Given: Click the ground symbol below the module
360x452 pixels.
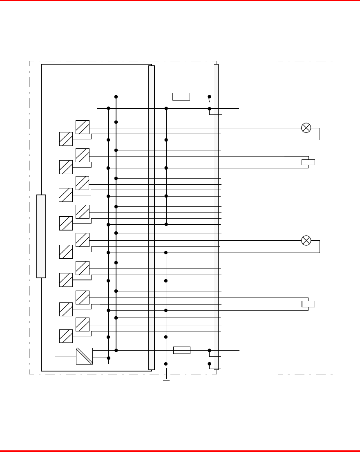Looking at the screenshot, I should (166, 380).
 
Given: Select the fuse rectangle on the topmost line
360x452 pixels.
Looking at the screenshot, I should (181, 96).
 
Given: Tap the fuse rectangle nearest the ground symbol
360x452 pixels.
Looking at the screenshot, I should (182, 350).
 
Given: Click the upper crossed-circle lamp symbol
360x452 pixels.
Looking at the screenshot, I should (306, 128).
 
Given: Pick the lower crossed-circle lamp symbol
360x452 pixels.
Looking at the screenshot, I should (306, 240).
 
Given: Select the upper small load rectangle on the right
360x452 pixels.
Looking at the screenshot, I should (308, 162).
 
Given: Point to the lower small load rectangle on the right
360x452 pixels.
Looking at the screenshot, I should (308, 304).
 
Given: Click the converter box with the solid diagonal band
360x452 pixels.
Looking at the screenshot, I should (84, 356).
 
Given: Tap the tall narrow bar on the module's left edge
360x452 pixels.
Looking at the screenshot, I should (41, 236).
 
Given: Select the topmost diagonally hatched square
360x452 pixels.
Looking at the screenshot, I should (83, 127).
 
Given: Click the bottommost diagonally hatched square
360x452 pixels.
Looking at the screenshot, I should (66, 336).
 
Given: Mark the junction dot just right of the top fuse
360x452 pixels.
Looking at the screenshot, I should (210, 97).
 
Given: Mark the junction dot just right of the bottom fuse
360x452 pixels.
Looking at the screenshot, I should (210, 350).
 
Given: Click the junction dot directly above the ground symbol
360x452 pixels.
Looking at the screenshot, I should (166, 364).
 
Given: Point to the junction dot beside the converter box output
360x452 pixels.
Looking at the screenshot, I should (108, 358).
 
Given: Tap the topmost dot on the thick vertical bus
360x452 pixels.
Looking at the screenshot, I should (116, 97).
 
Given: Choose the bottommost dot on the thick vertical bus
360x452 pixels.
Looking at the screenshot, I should (116, 350).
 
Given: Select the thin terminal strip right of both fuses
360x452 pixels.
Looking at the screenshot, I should (216, 217).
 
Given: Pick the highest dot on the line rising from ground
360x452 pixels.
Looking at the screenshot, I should (166, 108).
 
